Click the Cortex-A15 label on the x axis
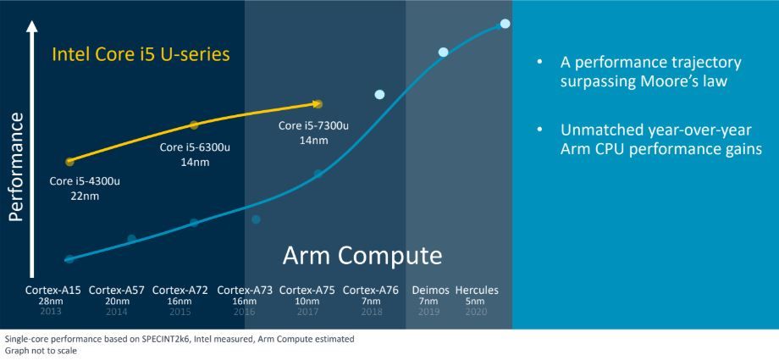coord(58,290)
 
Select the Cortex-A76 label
coord(370,290)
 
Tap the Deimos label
coord(428,290)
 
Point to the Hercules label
coord(477,290)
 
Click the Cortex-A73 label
coord(245,290)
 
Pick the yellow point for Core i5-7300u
coord(318,104)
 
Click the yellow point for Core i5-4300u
coord(69,160)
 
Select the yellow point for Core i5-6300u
coord(194,125)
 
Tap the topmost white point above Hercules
coord(505,23)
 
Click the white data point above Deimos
coord(443,53)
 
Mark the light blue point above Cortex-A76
coord(379,94)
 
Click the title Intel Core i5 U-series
coord(141,55)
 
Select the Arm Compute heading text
coord(362,255)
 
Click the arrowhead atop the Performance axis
coord(32,28)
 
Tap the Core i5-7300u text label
coord(313,126)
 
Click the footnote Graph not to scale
coord(41,350)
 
